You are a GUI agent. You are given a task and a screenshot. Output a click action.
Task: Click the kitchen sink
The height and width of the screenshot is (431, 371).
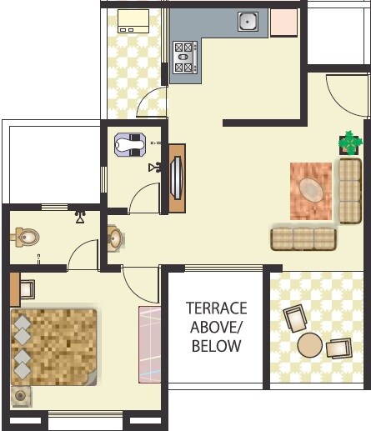point(248,21)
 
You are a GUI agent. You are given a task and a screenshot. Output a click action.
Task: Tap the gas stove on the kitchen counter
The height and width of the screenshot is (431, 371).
point(183,58)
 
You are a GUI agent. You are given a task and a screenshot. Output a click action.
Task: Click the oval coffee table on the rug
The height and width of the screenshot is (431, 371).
point(311,189)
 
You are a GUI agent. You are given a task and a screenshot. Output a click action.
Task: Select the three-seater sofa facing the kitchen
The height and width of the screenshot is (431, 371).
point(303,238)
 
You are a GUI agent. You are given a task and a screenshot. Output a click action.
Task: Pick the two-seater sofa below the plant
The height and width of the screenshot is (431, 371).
point(349,191)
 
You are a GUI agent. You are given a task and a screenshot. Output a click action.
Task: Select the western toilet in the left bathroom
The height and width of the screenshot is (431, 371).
point(27,238)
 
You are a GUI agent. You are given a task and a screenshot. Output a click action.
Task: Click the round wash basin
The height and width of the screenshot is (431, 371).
point(114,239)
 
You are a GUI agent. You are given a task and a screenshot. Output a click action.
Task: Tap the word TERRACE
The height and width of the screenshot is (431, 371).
point(217,307)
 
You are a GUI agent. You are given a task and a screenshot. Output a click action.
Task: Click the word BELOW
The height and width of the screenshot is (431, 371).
point(217,345)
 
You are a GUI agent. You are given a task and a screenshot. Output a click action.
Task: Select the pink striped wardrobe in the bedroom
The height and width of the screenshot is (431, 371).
point(149,344)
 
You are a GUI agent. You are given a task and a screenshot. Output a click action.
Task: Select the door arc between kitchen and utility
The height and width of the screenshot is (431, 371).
point(151,100)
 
